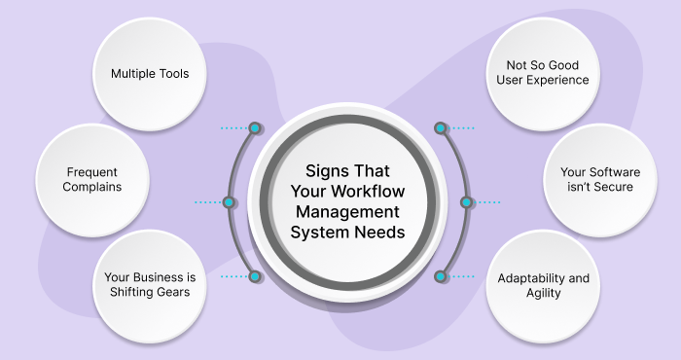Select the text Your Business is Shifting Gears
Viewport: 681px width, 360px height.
click(x=151, y=284)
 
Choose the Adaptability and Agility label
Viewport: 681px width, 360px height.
click(x=543, y=285)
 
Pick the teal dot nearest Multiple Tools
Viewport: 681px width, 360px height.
click(x=255, y=127)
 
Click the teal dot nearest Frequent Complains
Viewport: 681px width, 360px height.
click(x=229, y=202)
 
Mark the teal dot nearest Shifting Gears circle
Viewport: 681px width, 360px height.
click(x=255, y=277)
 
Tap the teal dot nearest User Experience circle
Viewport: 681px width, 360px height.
click(x=440, y=127)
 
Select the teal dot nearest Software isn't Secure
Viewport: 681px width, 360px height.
click(x=466, y=202)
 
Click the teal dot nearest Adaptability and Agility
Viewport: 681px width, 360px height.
click(x=440, y=277)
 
